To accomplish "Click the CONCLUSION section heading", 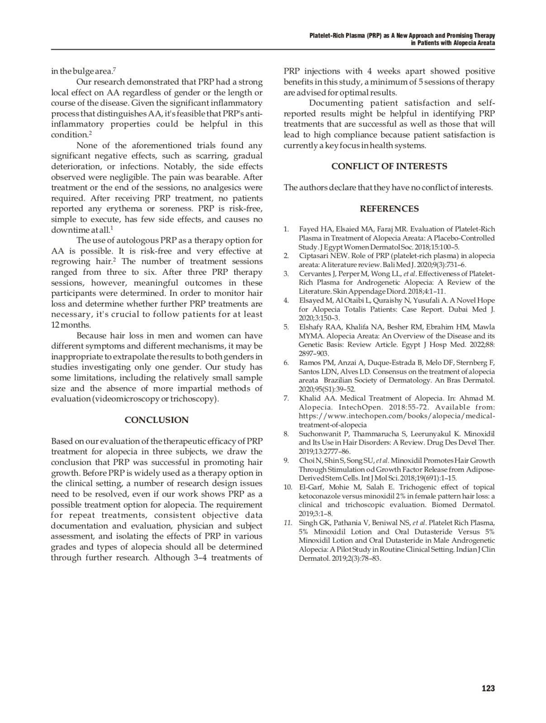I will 157,420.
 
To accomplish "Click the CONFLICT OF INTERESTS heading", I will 389,166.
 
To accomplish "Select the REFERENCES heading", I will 389,209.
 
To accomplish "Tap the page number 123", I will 488,688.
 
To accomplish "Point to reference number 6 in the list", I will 286,362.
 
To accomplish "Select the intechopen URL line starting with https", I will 397,416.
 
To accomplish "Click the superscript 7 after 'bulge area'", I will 114,69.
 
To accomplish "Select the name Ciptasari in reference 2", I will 313,256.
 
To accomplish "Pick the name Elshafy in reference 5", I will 311,327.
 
